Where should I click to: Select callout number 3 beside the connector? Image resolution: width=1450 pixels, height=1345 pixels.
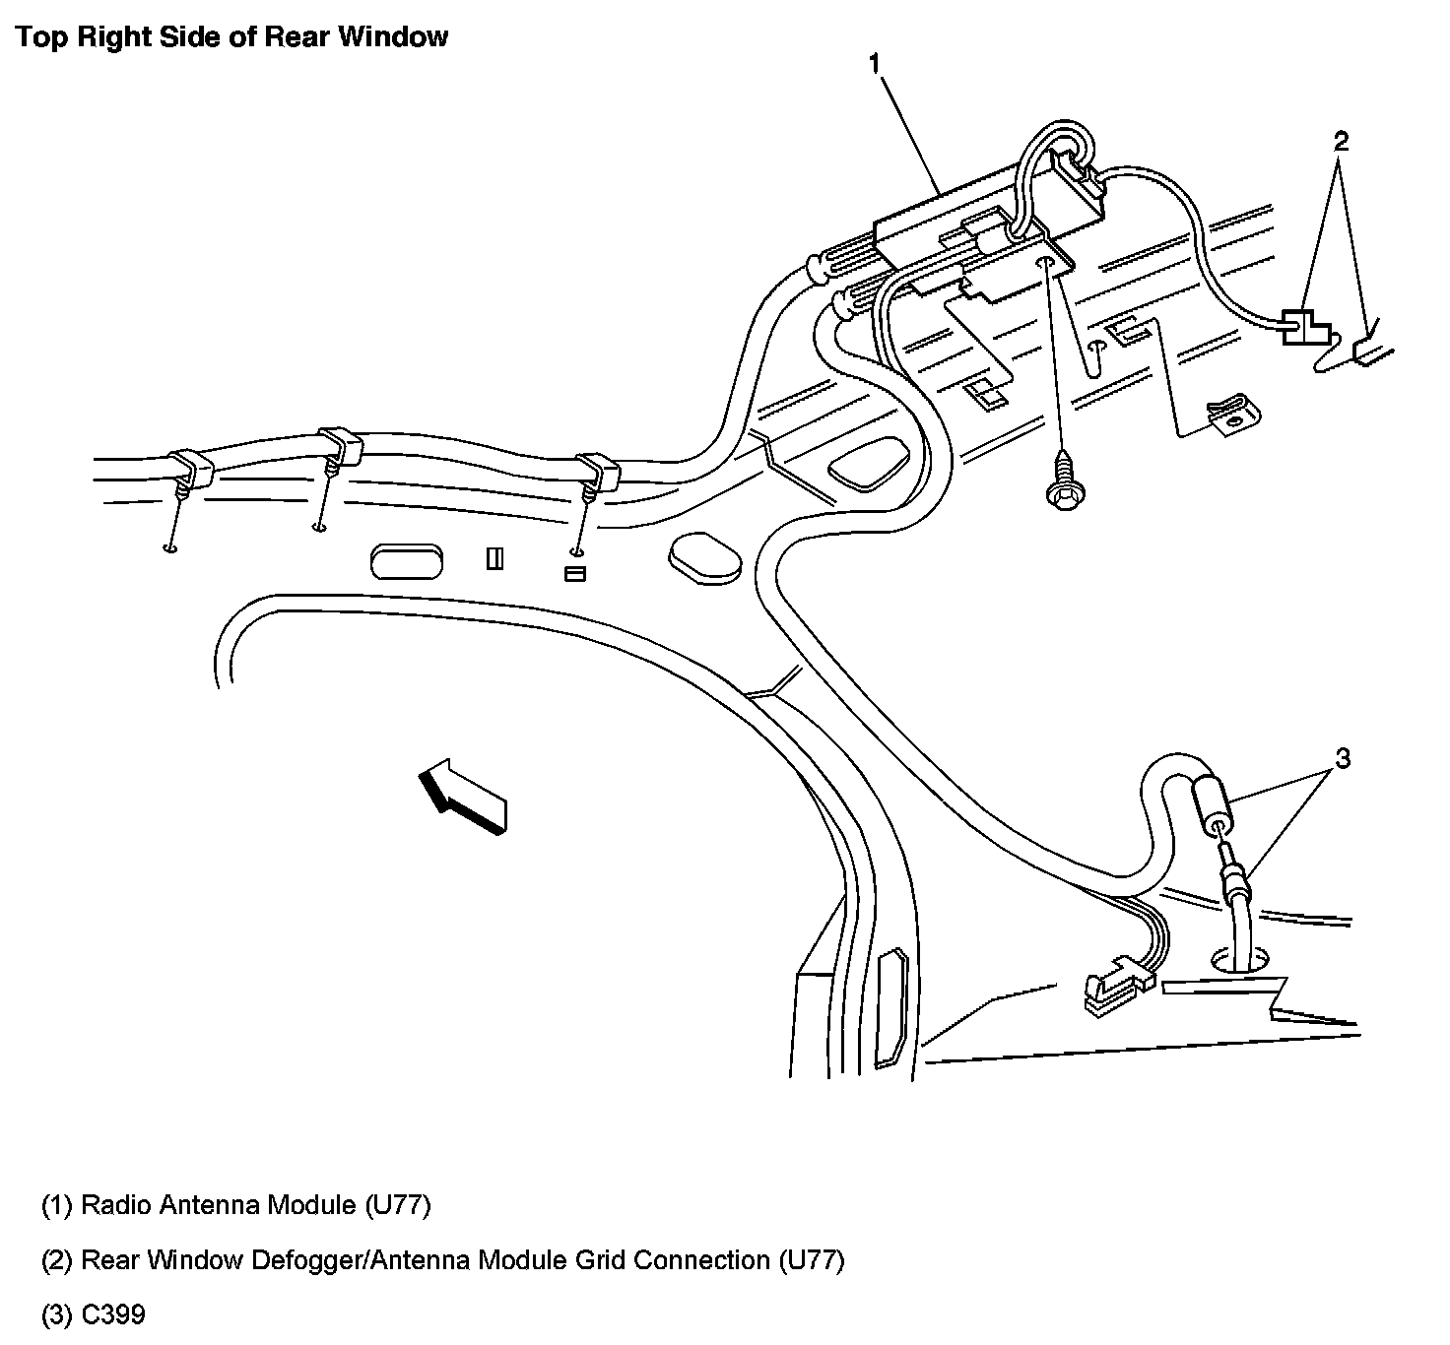[x=1343, y=758]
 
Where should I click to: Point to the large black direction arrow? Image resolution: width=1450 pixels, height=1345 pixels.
[x=462, y=797]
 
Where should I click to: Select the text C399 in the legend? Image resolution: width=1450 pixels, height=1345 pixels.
[x=113, y=1314]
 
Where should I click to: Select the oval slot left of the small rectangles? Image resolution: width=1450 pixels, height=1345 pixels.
[x=406, y=561]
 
